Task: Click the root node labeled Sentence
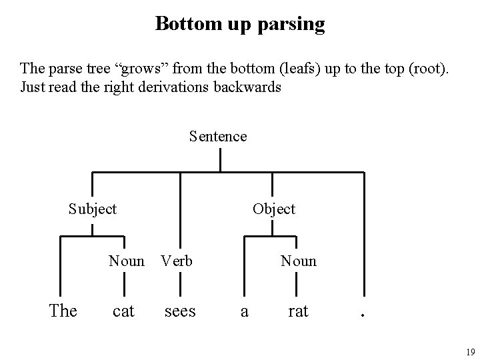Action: [x=218, y=137]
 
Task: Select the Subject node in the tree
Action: [x=93, y=209]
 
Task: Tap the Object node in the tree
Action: [x=273, y=209]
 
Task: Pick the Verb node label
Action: [x=177, y=261]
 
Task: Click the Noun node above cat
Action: [x=127, y=261]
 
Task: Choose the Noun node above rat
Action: [x=299, y=261]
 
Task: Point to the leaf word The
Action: [x=63, y=311]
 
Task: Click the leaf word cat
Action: [x=124, y=311]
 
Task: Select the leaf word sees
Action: [x=180, y=311]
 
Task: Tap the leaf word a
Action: [x=244, y=311]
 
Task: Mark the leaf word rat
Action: [x=298, y=311]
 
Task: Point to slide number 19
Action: [x=470, y=352]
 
